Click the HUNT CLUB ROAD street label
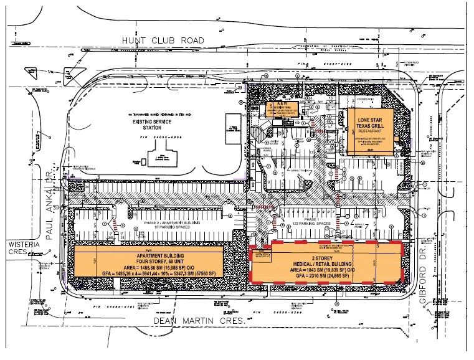coord(162,40)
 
